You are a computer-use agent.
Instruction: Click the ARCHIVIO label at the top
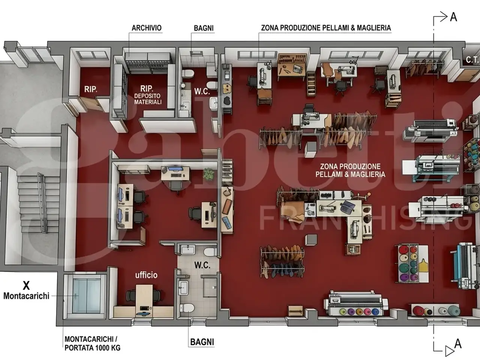tap(147, 28)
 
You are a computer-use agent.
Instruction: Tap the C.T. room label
tap(472, 60)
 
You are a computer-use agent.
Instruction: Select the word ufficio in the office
tap(146, 275)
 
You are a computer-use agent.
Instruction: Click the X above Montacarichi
tap(26, 285)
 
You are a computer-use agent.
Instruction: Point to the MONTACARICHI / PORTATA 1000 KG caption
tap(93, 343)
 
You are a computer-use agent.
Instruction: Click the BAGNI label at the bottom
tap(202, 342)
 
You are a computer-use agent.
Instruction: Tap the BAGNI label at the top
tap(204, 28)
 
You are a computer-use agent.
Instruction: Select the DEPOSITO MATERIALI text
tap(148, 99)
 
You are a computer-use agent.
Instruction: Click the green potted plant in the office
tap(208, 174)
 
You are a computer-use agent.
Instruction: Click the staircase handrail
tap(42, 202)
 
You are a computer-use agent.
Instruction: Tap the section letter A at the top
tap(453, 17)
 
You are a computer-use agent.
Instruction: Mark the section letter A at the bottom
tap(458, 343)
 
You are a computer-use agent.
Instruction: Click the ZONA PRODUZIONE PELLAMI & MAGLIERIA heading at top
tap(326, 28)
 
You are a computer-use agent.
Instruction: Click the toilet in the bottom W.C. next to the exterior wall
tap(187, 308)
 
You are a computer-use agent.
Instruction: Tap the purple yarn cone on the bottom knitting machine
tap(351, 311)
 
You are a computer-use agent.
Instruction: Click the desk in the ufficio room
tap(144, 300)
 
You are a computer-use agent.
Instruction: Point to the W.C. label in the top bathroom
tap(202, 91)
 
